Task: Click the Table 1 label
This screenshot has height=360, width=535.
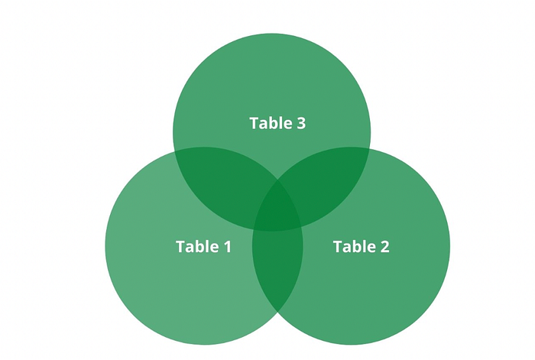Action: click(x=204, y=246)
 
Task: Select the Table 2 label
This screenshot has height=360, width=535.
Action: click(x=361, y=246)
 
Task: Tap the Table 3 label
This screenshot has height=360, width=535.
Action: click(x=277, y=123)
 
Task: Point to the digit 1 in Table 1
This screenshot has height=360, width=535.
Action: click(x=228, y=247)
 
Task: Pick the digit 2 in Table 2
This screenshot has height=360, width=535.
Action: click(x=384, y=247)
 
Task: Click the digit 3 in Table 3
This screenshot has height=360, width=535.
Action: click(x=301, y=124)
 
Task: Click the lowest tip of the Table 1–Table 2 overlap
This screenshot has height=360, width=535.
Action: click(x=277, y=312)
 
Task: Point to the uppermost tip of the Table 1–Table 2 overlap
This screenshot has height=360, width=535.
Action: click(x=277, y=181)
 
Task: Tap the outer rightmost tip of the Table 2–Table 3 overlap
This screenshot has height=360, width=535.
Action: click(x=369, y=149)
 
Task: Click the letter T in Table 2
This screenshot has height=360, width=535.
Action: click(x=338, y=247)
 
